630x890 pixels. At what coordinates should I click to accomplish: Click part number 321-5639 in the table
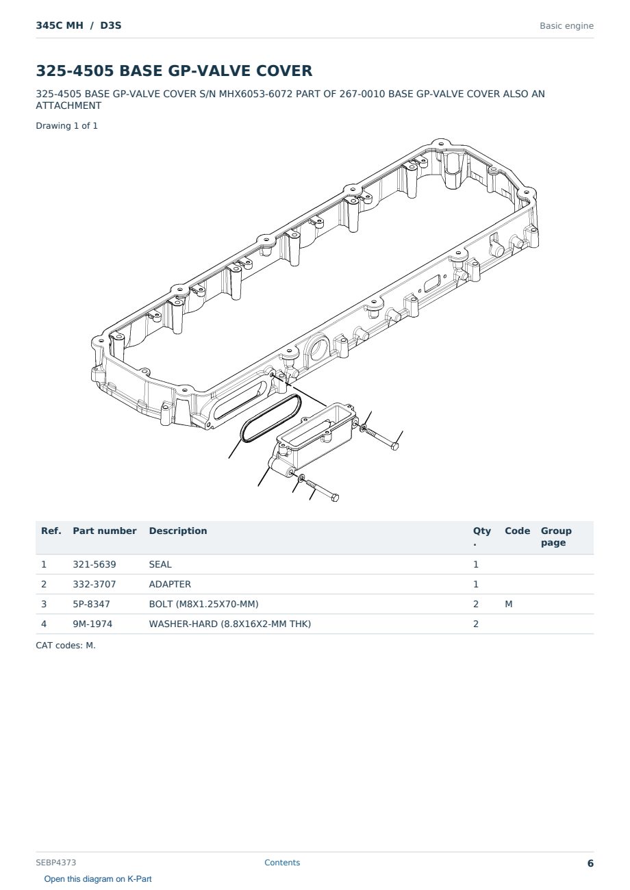(94, 564)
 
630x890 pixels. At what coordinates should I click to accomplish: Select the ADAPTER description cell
(170, 584)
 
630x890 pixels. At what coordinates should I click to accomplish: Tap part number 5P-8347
(91, 604)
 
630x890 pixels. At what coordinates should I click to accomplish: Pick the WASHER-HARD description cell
(229, 624)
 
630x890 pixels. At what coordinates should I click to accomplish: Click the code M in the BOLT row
(508, 604)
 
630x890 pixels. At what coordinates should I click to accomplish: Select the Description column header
(177, 531)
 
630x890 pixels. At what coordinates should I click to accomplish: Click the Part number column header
(105, 531)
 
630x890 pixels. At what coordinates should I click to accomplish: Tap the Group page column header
(556, 536)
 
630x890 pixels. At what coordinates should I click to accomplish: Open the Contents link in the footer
(282, 863)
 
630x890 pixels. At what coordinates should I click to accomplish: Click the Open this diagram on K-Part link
(98, 879)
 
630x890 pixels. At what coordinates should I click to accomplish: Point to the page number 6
(590, 863)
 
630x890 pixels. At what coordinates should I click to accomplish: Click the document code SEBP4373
(55, 863)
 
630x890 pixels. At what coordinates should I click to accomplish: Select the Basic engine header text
(566, 26)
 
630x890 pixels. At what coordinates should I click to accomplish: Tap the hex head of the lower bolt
(335, 497)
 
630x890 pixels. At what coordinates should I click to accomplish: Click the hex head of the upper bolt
(394, 446)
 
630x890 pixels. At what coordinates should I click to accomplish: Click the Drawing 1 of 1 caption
(67, 126)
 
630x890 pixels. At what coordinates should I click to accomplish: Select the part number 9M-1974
(92, 624)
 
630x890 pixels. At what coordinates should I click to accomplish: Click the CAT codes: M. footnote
(66, 645)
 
